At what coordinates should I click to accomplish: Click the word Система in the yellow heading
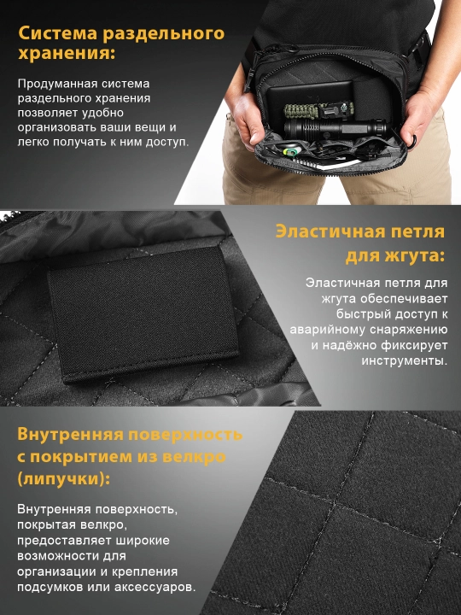[58, 33]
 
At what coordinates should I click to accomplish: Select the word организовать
[58, 127]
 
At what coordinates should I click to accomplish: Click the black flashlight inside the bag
[336, 128]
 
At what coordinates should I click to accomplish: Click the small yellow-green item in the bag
[291, 151]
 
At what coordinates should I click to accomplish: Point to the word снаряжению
[408, 330]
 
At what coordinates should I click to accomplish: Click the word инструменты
[404, 360]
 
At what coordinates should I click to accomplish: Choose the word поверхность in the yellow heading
[185, 435]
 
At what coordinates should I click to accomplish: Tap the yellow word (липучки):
[63, 479]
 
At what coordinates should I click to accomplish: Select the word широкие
[143, 541]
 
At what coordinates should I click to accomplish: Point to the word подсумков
[50, 587]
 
